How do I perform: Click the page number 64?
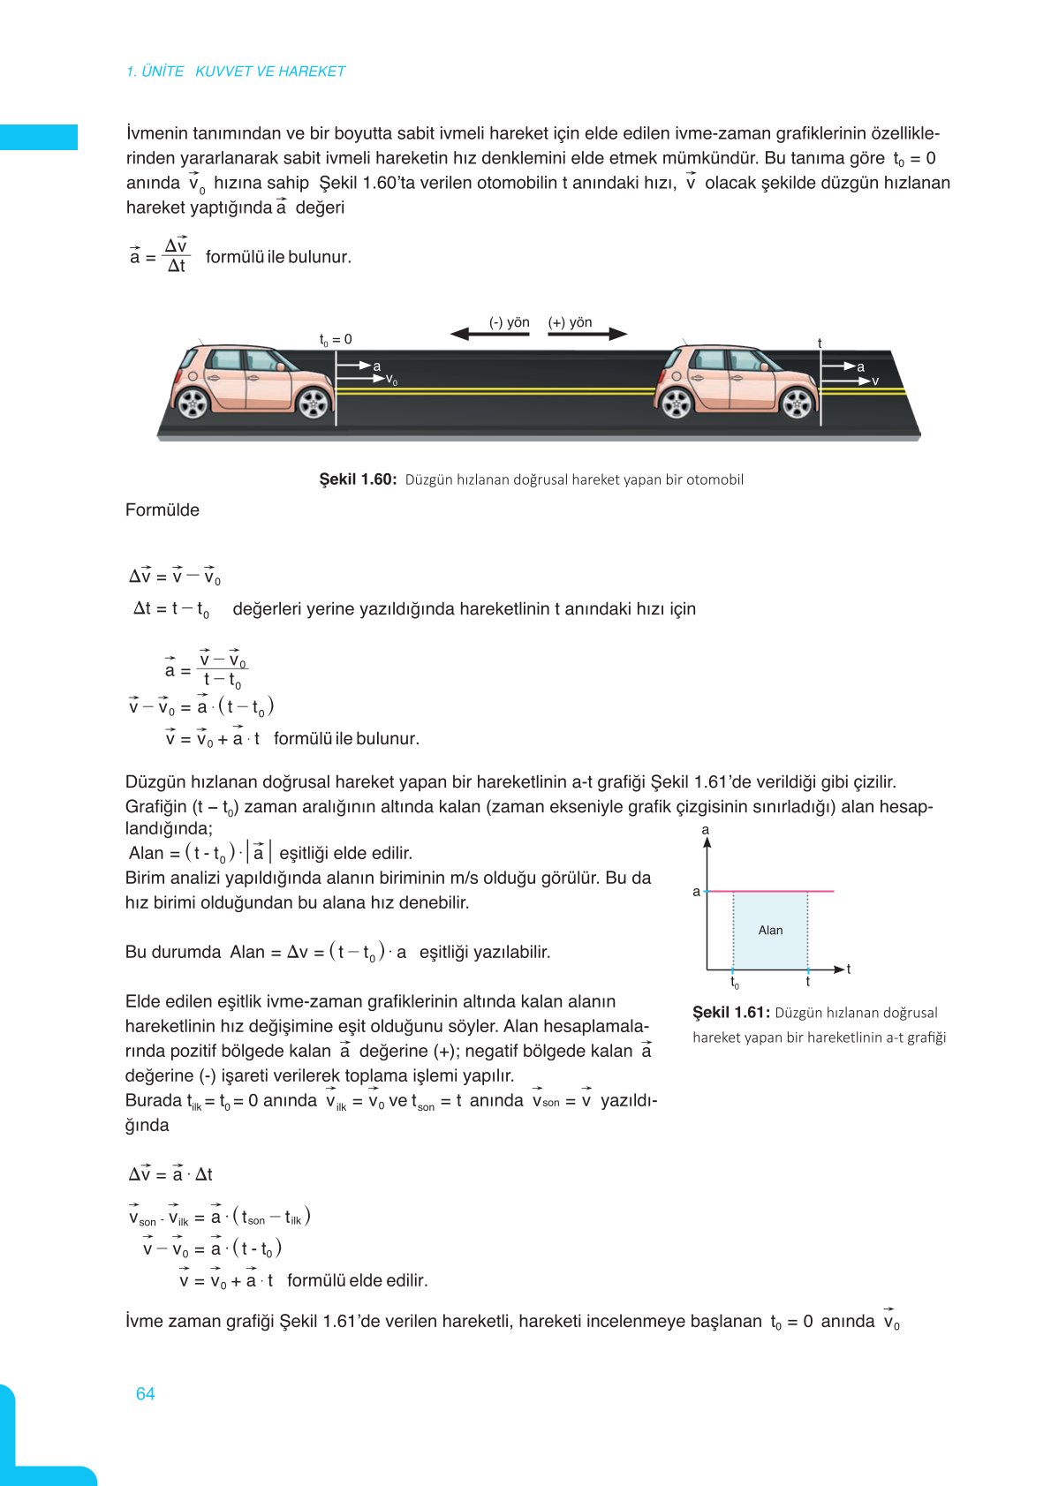[145, 1393]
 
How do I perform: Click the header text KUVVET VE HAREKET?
[269, 72]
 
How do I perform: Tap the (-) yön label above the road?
[509, 322]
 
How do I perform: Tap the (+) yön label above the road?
[570, 322]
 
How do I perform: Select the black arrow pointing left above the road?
[488, 334]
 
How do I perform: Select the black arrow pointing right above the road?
[587, 334]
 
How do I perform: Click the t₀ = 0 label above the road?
[336, 339]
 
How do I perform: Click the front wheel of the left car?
[314, 403]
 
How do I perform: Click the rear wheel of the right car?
[677, 404]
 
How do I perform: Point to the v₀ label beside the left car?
[391, 381]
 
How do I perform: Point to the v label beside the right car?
[875, 381]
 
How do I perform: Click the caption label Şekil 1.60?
[358, 479]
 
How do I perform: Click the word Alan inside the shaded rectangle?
[770, 930]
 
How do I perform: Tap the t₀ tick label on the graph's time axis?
[735, 982]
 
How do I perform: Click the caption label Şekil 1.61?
[731, 1013]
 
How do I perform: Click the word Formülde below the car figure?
[163, 509]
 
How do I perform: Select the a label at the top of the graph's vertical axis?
[706, 829]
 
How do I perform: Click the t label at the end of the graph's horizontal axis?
[849, 969]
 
